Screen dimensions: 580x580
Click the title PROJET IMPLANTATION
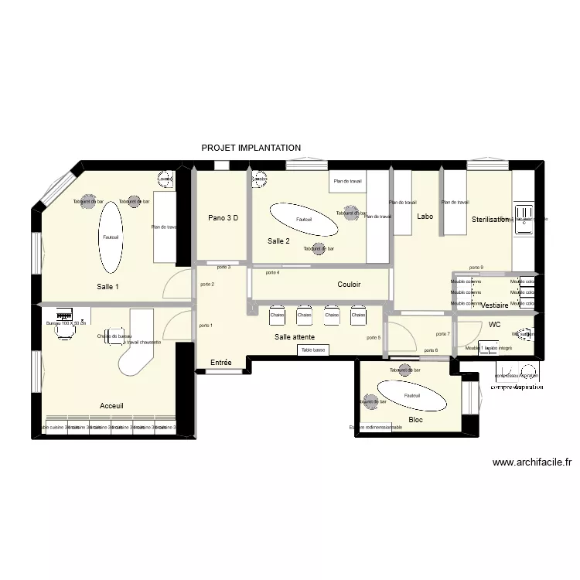[251, 148]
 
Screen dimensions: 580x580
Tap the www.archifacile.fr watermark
[532, 463]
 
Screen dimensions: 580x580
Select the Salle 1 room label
[108, 287]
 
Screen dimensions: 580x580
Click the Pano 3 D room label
[223, 218]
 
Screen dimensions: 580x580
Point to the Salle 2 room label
[278, 241]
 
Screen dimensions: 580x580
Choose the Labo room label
[425, 217]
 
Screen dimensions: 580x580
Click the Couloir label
[349, 285]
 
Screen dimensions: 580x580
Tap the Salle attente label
[294, 337]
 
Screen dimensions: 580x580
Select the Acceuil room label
[111, 406]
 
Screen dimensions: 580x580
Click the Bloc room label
[415, 420]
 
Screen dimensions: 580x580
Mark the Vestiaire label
[495, 305]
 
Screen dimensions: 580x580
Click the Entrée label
[221, 362]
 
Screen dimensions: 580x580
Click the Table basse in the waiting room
[313, 350]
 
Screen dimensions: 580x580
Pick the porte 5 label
[374, 337]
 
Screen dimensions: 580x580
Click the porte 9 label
[476, 268]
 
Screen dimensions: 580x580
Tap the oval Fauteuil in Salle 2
[303, 220]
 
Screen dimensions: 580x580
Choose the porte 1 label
[206, 326]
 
